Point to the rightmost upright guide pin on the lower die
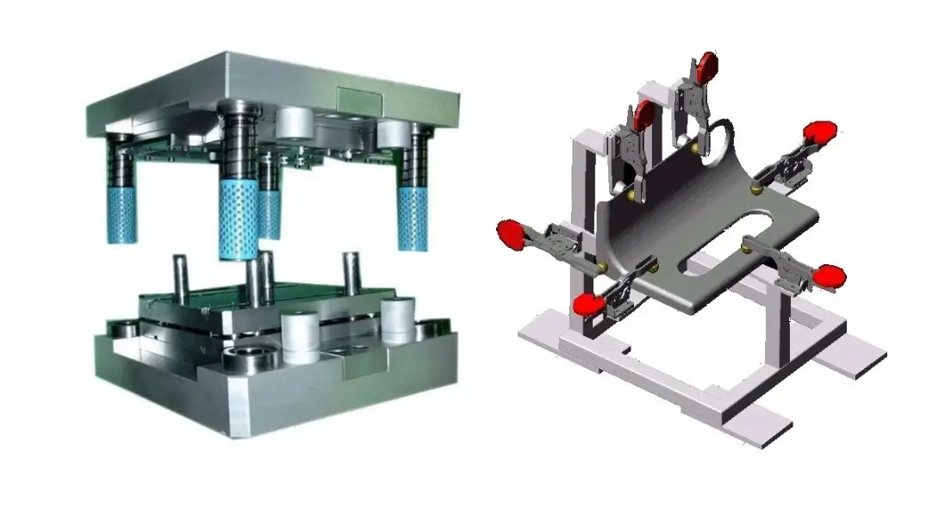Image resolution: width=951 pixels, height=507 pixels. coord(351,270)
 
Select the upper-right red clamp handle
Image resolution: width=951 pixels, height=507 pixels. coord(819,132)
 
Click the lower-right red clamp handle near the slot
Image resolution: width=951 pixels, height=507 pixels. coord(830,275)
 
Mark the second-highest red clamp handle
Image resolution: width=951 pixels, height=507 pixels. coord(642,112)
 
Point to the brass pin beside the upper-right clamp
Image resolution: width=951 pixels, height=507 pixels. coord(757,182)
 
